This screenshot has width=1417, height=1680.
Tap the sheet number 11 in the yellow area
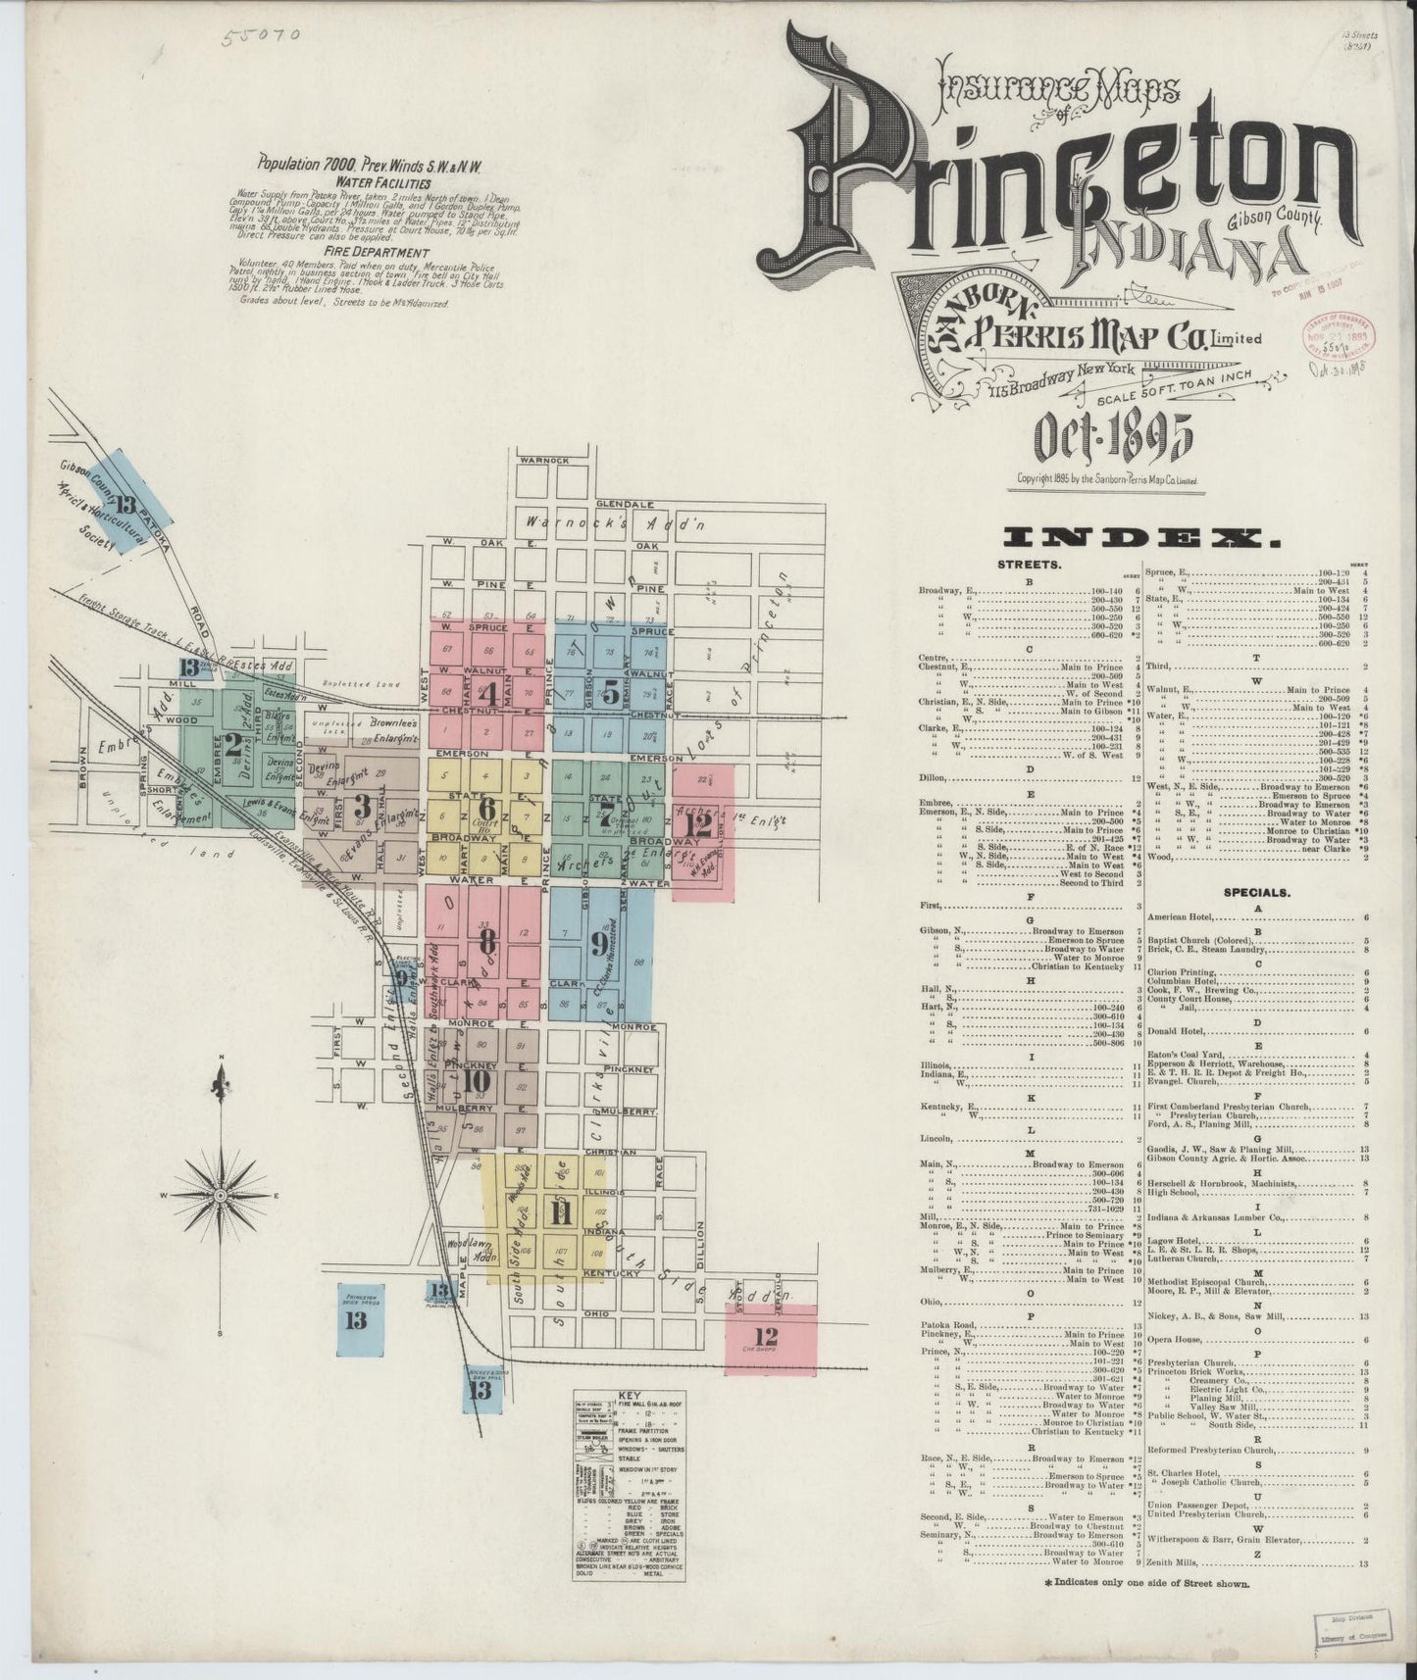561,1212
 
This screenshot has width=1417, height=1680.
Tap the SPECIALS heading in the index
1255,893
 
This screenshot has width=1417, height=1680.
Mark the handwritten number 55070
259,38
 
